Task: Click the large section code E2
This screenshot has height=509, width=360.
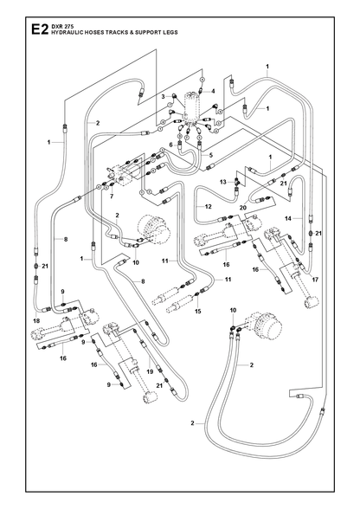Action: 39,29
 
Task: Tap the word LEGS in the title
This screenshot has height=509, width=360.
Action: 170,32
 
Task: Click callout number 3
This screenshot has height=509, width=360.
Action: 164,96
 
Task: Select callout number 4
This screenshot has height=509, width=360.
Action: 213,91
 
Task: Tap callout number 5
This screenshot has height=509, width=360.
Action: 210,155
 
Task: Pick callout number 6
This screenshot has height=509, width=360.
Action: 170,145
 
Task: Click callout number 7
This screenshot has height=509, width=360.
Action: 112,197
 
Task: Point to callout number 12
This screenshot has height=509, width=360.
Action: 208,206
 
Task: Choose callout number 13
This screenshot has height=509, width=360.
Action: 222,182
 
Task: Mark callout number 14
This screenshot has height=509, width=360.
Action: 288,218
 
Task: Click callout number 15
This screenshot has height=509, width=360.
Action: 197,312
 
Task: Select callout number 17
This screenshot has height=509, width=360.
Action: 314,280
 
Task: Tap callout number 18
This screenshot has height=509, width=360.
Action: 36,320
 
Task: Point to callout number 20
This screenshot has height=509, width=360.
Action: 243,208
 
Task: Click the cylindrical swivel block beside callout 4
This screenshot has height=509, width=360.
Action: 192,106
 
